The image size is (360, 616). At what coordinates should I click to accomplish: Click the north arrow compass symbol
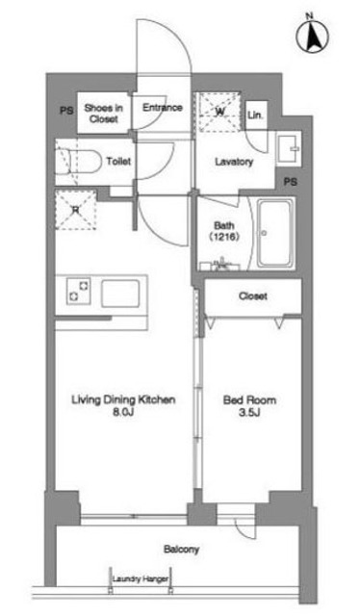pos(313,36)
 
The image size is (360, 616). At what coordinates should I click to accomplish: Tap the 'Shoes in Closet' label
pos(103,114)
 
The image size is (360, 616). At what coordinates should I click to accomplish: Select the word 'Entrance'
pos(163,107)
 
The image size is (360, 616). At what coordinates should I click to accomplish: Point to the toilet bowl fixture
pos(78,162)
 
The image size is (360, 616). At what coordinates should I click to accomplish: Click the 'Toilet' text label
pos(118,161)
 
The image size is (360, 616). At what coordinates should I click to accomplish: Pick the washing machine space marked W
pos(219,112)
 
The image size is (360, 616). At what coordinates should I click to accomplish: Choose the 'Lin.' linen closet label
pos(255,115)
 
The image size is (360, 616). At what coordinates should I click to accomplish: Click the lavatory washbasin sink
pos(288,148)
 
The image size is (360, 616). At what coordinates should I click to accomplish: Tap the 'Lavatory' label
pos(234,162)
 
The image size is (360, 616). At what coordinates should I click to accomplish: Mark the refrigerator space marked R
pos(76,210)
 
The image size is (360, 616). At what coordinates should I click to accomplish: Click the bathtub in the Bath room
pos(275,233)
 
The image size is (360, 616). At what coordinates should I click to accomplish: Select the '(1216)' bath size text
pos(224,237)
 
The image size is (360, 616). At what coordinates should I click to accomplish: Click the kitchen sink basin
pos(120,293)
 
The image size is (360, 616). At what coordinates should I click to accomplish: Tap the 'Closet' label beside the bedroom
pos(253,295)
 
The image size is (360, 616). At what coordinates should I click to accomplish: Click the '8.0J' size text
pos(124,412)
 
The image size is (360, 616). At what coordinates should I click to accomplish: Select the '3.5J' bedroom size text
pos(250,412)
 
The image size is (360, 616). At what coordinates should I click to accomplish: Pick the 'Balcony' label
pos(181,549)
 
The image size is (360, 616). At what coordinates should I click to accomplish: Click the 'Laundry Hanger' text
pos(141,578)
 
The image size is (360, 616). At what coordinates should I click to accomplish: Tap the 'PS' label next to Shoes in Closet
pos(66,111)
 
